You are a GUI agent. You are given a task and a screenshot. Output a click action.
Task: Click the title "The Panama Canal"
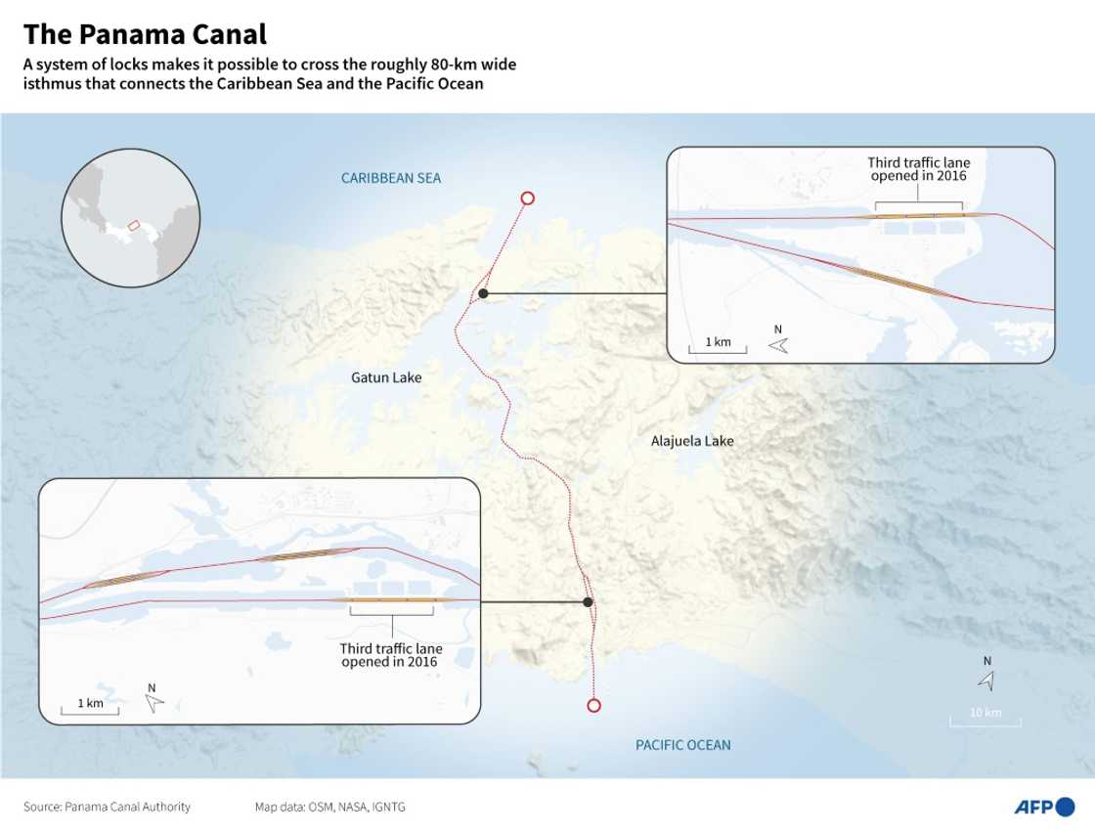pyautogui.click(x=145, y=35)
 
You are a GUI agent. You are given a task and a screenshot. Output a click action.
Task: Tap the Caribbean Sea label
pyautogui.click(x=391, y=178)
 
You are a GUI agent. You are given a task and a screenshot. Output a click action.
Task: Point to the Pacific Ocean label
pyautogui.click(x=683, y=745)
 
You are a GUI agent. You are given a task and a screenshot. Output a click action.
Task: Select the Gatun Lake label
pyautogui.click(x=386, y=376)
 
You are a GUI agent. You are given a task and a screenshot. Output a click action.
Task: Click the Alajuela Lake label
pyautogui.click(x=692, y=441)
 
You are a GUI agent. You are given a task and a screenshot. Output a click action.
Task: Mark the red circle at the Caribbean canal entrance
pyautogui.click(x=528, y=198)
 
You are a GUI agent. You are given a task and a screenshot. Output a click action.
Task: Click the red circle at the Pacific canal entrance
pyautogui.click(x=592, y=706)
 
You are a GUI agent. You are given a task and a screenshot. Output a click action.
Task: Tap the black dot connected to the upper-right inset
pyautogui.click(x=483, y=293)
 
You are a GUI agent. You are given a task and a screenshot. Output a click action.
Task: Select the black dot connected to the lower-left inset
pyautogui.click(x=588, y=602)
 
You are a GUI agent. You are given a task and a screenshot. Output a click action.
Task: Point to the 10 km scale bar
pyautogui.click(x=985, y=724)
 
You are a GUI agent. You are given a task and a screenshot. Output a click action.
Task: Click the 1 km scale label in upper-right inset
pyautogui.click(x=718, y=342)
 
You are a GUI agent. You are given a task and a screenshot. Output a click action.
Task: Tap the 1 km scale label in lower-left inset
pyautogui.click(x=90, y=703)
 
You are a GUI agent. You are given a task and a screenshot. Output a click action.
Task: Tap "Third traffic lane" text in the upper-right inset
pyautogui.click(x=918, y=162)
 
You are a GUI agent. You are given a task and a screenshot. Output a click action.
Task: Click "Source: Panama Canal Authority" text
pyautogui.click(x=108, y=807)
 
